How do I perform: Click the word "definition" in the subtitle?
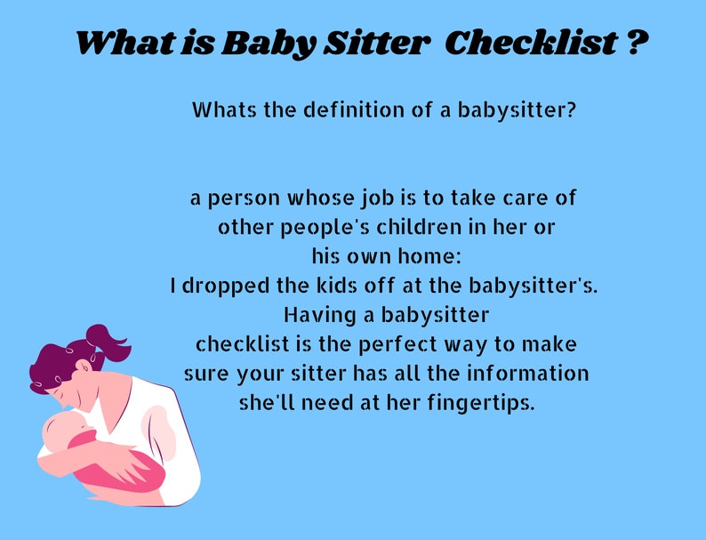[349, 111]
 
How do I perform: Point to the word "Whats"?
[222, 111]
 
